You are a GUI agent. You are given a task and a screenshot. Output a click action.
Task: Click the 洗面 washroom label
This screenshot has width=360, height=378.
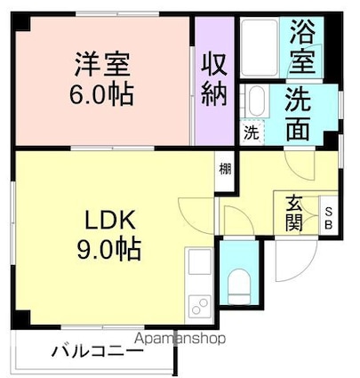[303, 114]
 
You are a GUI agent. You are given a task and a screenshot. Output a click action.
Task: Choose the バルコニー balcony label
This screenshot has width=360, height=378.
[97, 350]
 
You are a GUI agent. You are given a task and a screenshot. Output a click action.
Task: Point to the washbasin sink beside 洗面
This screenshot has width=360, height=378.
[255, 102]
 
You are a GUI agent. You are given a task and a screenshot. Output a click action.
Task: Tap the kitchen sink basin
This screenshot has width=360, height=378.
[199, 263]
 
